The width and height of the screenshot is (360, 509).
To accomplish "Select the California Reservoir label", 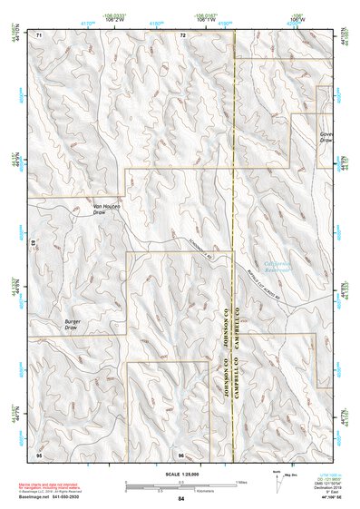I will tap(269, 267).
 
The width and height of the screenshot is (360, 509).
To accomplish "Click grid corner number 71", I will tap(39, 34).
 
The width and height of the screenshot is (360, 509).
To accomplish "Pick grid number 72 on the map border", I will tap(182, 34).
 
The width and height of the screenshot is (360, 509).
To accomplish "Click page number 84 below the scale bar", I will tap(181, 499).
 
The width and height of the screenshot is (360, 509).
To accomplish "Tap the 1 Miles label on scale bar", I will tap(244, 483).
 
